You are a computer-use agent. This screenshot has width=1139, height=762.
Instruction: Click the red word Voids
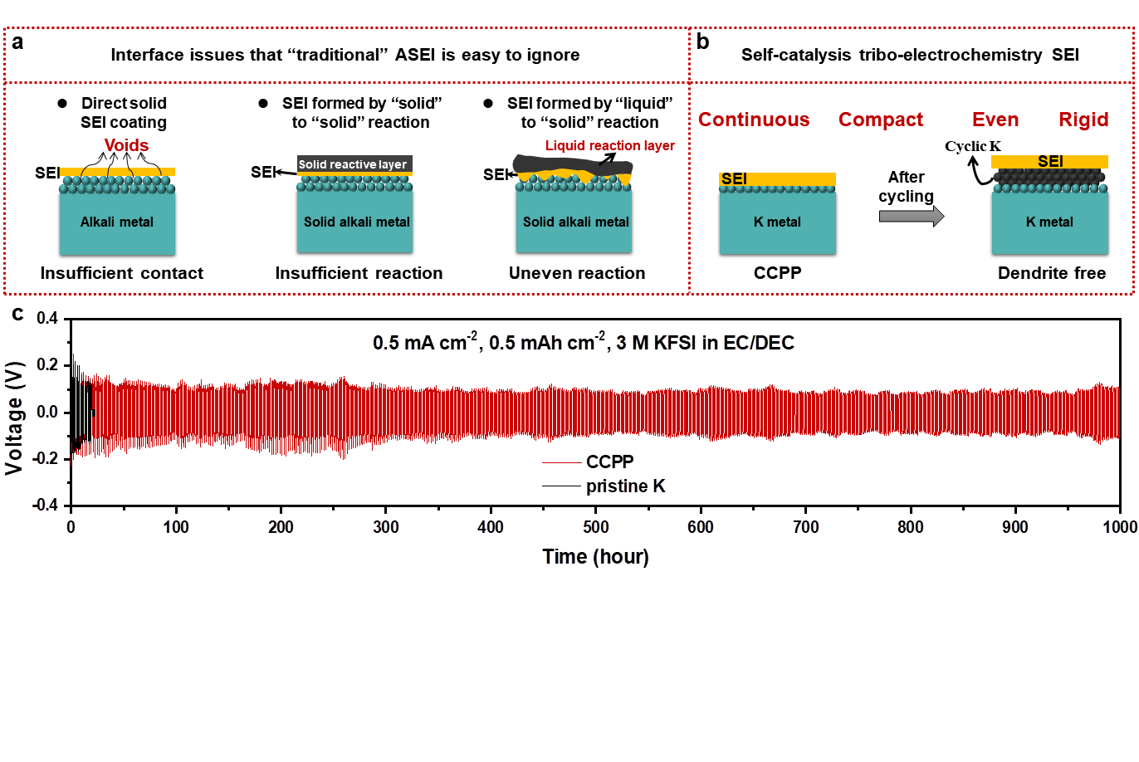[x=126, y=145]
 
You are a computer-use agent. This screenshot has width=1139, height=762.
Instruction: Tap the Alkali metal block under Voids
[x=117, y=222]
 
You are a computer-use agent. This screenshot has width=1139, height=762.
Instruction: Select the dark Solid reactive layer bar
[x=354, y=164]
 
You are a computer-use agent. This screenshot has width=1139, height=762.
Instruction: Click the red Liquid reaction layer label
[x=609, y=145]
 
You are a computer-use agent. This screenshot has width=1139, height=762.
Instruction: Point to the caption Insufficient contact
[x=121, y=273]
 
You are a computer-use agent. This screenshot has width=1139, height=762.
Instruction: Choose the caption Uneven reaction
[x=577, y=273]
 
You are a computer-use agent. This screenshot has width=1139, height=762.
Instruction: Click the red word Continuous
[x=754, y=120]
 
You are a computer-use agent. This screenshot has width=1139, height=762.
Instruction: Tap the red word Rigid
[x=1083, y=120]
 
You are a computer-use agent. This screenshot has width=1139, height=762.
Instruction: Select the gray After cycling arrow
[x=912, y=217]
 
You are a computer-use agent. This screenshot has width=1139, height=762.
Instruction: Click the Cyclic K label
[x=972, y=146]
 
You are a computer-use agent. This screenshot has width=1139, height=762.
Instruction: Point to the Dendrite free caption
[x=1052, y=273]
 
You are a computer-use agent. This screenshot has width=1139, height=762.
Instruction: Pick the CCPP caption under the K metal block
[x=777, y=273]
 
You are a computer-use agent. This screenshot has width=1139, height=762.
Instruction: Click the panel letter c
[x=17, y=315]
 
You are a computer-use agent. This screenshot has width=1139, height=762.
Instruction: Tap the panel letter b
[x=703, y=42]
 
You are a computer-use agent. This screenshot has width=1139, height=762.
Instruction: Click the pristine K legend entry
[x=625, y=486]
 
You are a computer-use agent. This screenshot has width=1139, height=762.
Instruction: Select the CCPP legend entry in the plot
[x=609, y=462]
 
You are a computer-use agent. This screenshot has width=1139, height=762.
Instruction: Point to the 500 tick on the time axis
[x=595, y=526]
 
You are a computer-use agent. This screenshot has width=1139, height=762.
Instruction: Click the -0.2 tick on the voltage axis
[x=46, y=459]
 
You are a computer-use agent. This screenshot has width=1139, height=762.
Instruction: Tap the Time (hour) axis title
[x=595, y=556]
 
